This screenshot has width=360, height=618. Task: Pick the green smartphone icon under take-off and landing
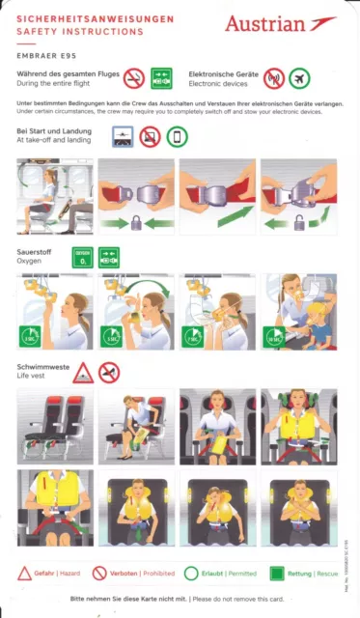click(176, 137)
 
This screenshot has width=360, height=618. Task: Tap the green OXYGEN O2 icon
click(82, 256)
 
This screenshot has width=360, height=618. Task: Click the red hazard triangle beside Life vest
click(83, 372)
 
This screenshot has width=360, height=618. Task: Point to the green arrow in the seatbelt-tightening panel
click(226, 217)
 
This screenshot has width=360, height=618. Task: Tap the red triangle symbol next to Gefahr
click(24, 573)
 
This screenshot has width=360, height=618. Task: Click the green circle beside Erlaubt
click(192, 573)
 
